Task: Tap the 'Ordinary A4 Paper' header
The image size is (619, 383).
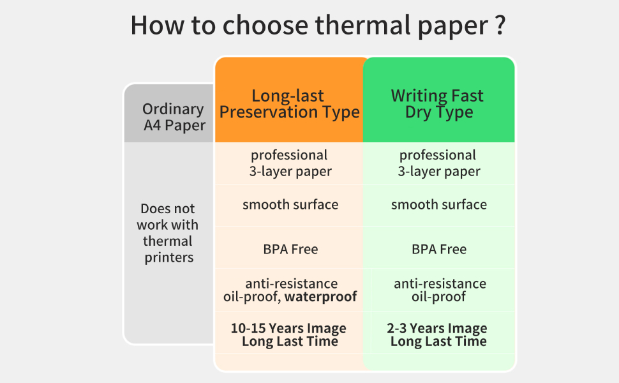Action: coord(174,117)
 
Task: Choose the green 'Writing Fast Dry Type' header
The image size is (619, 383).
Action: coord(438,104)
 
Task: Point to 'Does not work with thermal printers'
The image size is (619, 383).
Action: coord(169,233)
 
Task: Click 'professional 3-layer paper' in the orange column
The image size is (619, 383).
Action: coord(290,163)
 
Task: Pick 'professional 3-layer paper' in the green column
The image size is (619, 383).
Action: coord(438,163)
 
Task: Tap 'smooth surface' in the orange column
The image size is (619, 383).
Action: coord(290,205)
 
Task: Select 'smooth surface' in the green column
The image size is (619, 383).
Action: coord(439,205)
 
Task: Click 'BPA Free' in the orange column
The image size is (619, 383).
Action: coord(290,249)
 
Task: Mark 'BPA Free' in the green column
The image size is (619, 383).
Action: coord(439,249)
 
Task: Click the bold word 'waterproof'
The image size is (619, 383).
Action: coord(320,297)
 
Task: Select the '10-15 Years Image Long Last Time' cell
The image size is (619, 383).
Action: coord(289,334)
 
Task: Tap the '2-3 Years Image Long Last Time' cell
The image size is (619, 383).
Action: coord(438,334)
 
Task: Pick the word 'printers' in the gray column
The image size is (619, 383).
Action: coord(169,258)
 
